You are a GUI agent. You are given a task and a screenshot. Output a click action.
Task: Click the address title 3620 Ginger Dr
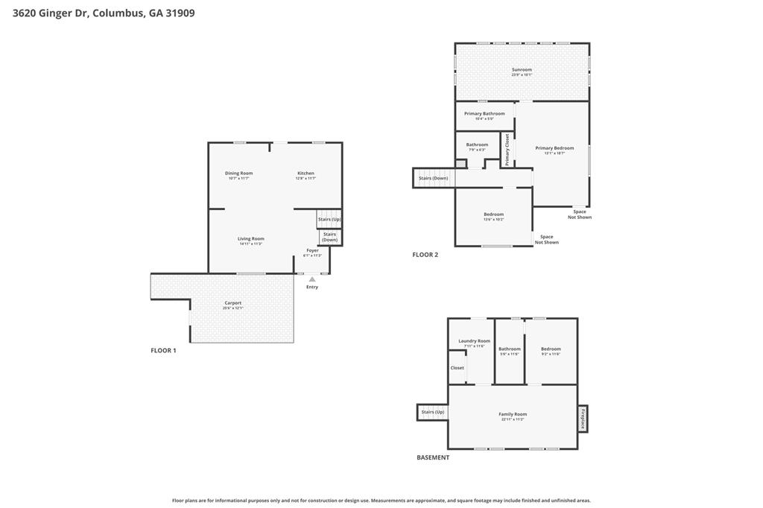pyautogui.click(x=104, y=13)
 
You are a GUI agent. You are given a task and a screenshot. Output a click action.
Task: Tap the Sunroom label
pyautogui.click(x=522, y=70)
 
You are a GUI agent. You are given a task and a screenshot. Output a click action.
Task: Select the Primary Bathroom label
pyautogui.click(x=484, y=114)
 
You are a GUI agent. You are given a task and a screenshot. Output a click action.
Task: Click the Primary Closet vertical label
pyautogui.click(x=507, y=149)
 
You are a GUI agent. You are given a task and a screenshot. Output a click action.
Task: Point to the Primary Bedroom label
pyautogui.click(x=554, y=148)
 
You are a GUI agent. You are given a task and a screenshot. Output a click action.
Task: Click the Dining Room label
pyautogui.click(x=239, y=174)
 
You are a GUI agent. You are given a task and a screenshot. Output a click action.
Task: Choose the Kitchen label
pyautogui.click(x=305, y=174)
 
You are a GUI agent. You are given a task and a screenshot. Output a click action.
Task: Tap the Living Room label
pyautogui.click(x=251, y=239)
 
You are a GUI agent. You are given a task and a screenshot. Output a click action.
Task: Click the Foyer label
pyautogui.click(x=313, y=251)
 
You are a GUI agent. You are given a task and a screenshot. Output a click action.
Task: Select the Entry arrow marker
pyautogui.click(x=312, y=279)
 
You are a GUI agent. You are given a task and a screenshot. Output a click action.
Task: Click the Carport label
pyautogui.click(x=233, y=303)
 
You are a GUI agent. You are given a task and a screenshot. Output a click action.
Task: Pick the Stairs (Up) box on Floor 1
pyautogui.click(x=329, y=220)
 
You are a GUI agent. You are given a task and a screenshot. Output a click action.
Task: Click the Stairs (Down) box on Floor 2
pyautogui.click(x=433, y=178)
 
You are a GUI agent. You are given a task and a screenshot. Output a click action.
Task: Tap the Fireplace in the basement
pyautogui.click(x=583, y=418)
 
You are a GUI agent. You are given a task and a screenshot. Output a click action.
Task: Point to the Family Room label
pyautogui.click(x=513, y=415)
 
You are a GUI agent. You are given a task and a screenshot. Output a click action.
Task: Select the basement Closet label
pyautogui.click(x=457, y=368)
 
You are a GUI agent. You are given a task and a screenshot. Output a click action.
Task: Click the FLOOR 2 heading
pyautogui.click(x=425, y=255)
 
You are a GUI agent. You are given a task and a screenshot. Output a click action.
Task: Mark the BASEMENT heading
pyautogui.click(x=433, y=457)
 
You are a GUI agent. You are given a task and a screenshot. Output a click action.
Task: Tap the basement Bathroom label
pyautogui.click(x=510, y=349)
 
